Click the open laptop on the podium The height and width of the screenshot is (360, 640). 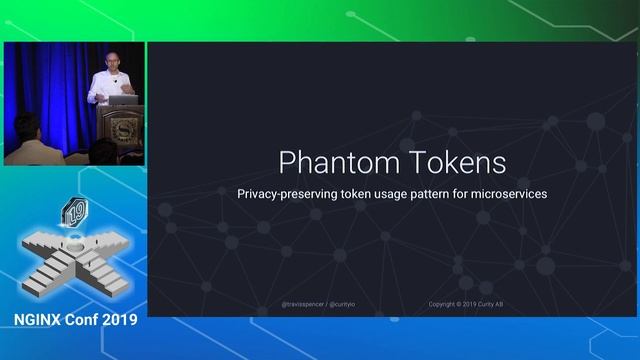pyautogui.click(x=124, y=99)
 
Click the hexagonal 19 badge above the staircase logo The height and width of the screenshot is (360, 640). pyautogui.click(x=74, y=211)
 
